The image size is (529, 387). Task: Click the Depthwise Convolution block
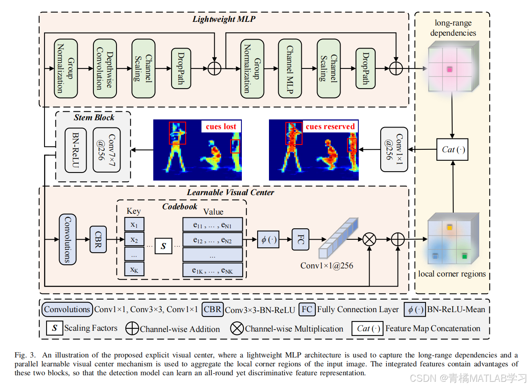coord(105,68)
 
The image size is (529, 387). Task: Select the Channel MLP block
coord(290,68)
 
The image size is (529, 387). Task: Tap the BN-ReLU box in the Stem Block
coord(76,150)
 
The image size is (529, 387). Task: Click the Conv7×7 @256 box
coord(107,150)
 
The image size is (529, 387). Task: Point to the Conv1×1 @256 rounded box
coord(394,149)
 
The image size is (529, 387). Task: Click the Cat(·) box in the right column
coord(452,150)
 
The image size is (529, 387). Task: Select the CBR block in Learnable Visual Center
coord(98,239)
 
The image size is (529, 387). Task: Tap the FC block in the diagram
coord(300,239)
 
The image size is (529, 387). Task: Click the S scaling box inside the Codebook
coord(163,246)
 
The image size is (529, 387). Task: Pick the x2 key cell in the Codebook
coord(134,240)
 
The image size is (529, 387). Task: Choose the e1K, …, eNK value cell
coord(213,270)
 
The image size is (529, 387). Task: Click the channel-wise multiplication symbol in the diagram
coord(369,239)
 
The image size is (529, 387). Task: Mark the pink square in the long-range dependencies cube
coord(450,70)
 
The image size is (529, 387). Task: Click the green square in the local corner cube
coord(464,256)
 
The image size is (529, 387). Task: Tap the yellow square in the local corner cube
coord(449,228)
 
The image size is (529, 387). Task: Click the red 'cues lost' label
coord(221,126)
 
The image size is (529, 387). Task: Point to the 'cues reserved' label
coord(330,126)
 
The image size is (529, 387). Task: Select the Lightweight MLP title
coord(224,19)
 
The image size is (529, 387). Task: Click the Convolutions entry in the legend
coord(67,309)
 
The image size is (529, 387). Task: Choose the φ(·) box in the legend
coord(415,309)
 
